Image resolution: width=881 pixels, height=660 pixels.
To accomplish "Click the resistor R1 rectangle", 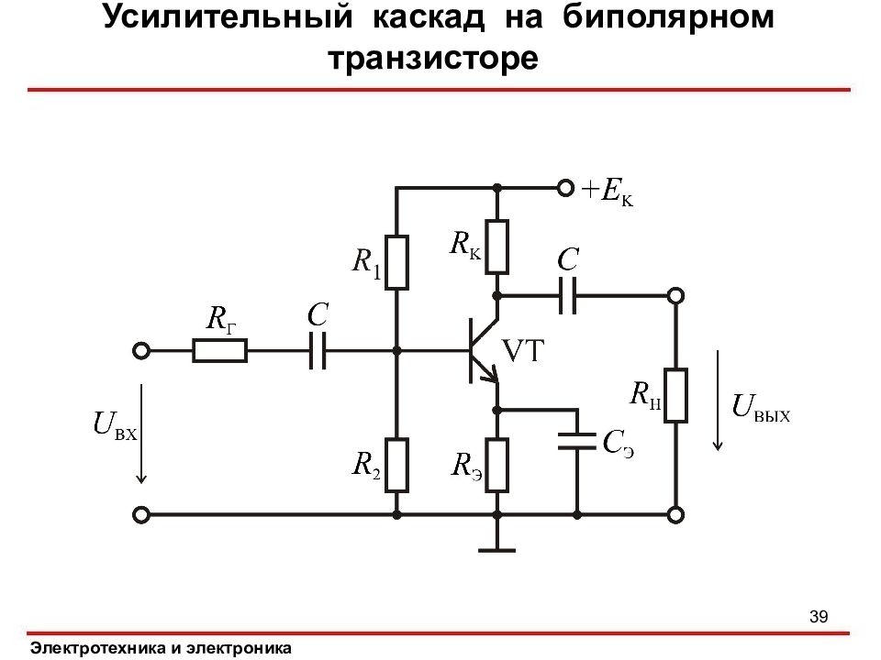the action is point(396,263).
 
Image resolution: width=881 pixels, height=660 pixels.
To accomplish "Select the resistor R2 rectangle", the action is point(396,466).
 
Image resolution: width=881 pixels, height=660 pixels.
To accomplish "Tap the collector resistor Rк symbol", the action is point(496,247).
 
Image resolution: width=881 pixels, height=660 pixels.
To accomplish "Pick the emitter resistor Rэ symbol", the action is point(496,466).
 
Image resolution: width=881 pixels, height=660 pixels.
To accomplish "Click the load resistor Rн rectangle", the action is point(676,395).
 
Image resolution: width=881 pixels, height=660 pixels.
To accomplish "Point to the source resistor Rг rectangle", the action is point(219,351).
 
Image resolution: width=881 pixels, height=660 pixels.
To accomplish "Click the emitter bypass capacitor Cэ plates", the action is point(577,441).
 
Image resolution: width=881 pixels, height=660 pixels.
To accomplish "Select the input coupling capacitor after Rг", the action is point(318,351).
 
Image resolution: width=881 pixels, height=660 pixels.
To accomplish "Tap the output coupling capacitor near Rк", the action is point(567,295).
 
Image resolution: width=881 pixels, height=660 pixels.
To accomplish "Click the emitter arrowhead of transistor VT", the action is point(494,374).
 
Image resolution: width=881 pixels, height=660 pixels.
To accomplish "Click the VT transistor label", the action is point(522,351).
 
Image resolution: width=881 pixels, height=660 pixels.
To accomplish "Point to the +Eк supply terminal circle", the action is point(565,188).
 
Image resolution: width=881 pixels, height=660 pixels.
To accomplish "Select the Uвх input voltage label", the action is point(116,424).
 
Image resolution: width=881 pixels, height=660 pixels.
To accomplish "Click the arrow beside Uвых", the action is point(718,401).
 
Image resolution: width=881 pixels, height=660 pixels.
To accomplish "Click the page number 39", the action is point(819,616).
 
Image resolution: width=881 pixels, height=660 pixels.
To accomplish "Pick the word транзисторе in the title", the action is point(433,58).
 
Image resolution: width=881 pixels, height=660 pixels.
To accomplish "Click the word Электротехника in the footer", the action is point(98,648).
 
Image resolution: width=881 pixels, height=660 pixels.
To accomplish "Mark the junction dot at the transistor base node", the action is point(396,351).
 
